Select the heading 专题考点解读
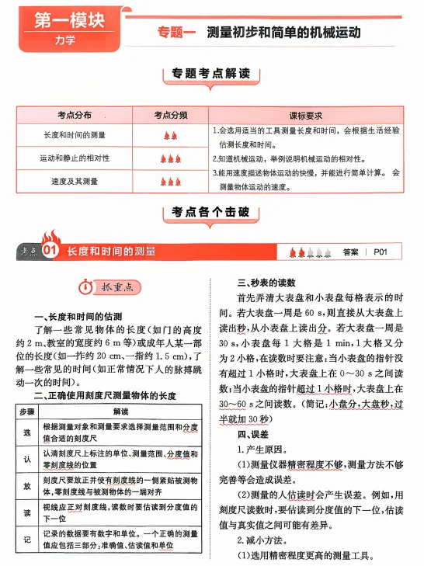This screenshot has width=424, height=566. pos(211,75)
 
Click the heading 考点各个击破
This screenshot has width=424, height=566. pos(211,212)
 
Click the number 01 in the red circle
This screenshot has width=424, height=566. pos(50,252)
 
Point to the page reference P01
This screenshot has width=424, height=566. pos(385,252)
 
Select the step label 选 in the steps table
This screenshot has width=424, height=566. pos(26,432)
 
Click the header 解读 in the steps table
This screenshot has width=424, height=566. pos(120,411)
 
